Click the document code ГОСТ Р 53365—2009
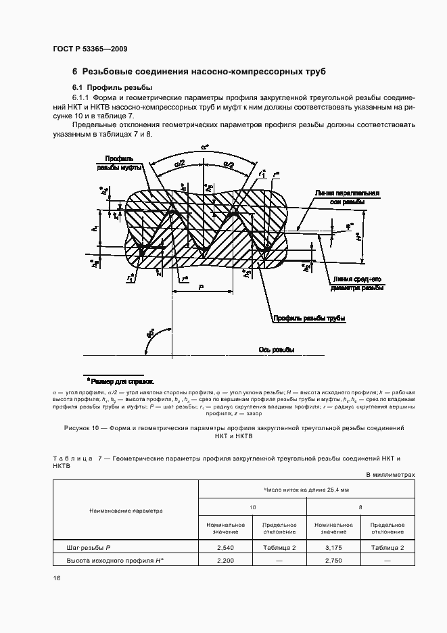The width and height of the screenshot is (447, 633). tap(90, 49)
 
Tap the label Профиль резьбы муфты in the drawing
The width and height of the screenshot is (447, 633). tap(120, 162)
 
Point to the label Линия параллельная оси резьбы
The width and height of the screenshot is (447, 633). tap(346, 197)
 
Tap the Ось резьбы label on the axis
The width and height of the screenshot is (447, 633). tap(276, 350)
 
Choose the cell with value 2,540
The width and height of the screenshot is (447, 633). tap(225, 547)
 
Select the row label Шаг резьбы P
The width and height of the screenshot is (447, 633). tap(88, 547)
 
